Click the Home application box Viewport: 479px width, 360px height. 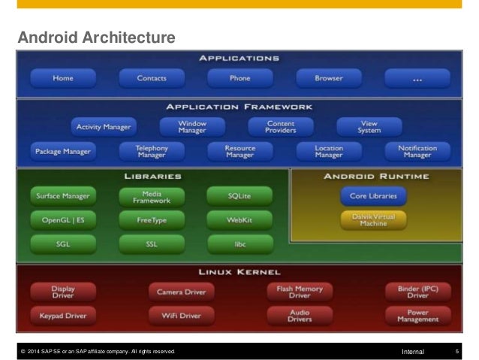tap(63, 78)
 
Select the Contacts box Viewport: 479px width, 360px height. tap(151, 78)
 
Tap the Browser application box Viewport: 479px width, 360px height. tap(328, 78)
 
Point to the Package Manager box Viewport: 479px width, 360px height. tap(63, 150)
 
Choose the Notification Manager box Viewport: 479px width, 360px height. tap(417, 150)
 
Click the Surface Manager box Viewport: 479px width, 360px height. tap(63, 196)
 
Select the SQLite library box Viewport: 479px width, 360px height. tap(239, 196)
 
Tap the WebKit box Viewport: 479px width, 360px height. tap(239, 221)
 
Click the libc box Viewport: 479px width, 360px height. tap(239, 244)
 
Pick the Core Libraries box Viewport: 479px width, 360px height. tap(373, 196)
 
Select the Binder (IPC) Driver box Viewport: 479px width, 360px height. tap(417, 291)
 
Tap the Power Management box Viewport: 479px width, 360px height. tap(417, 316)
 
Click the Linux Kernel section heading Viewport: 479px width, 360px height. tap(240, 271)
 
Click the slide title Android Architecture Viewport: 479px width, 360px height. tap(96, 36)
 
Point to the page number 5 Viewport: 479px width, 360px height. tap(456, 351)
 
